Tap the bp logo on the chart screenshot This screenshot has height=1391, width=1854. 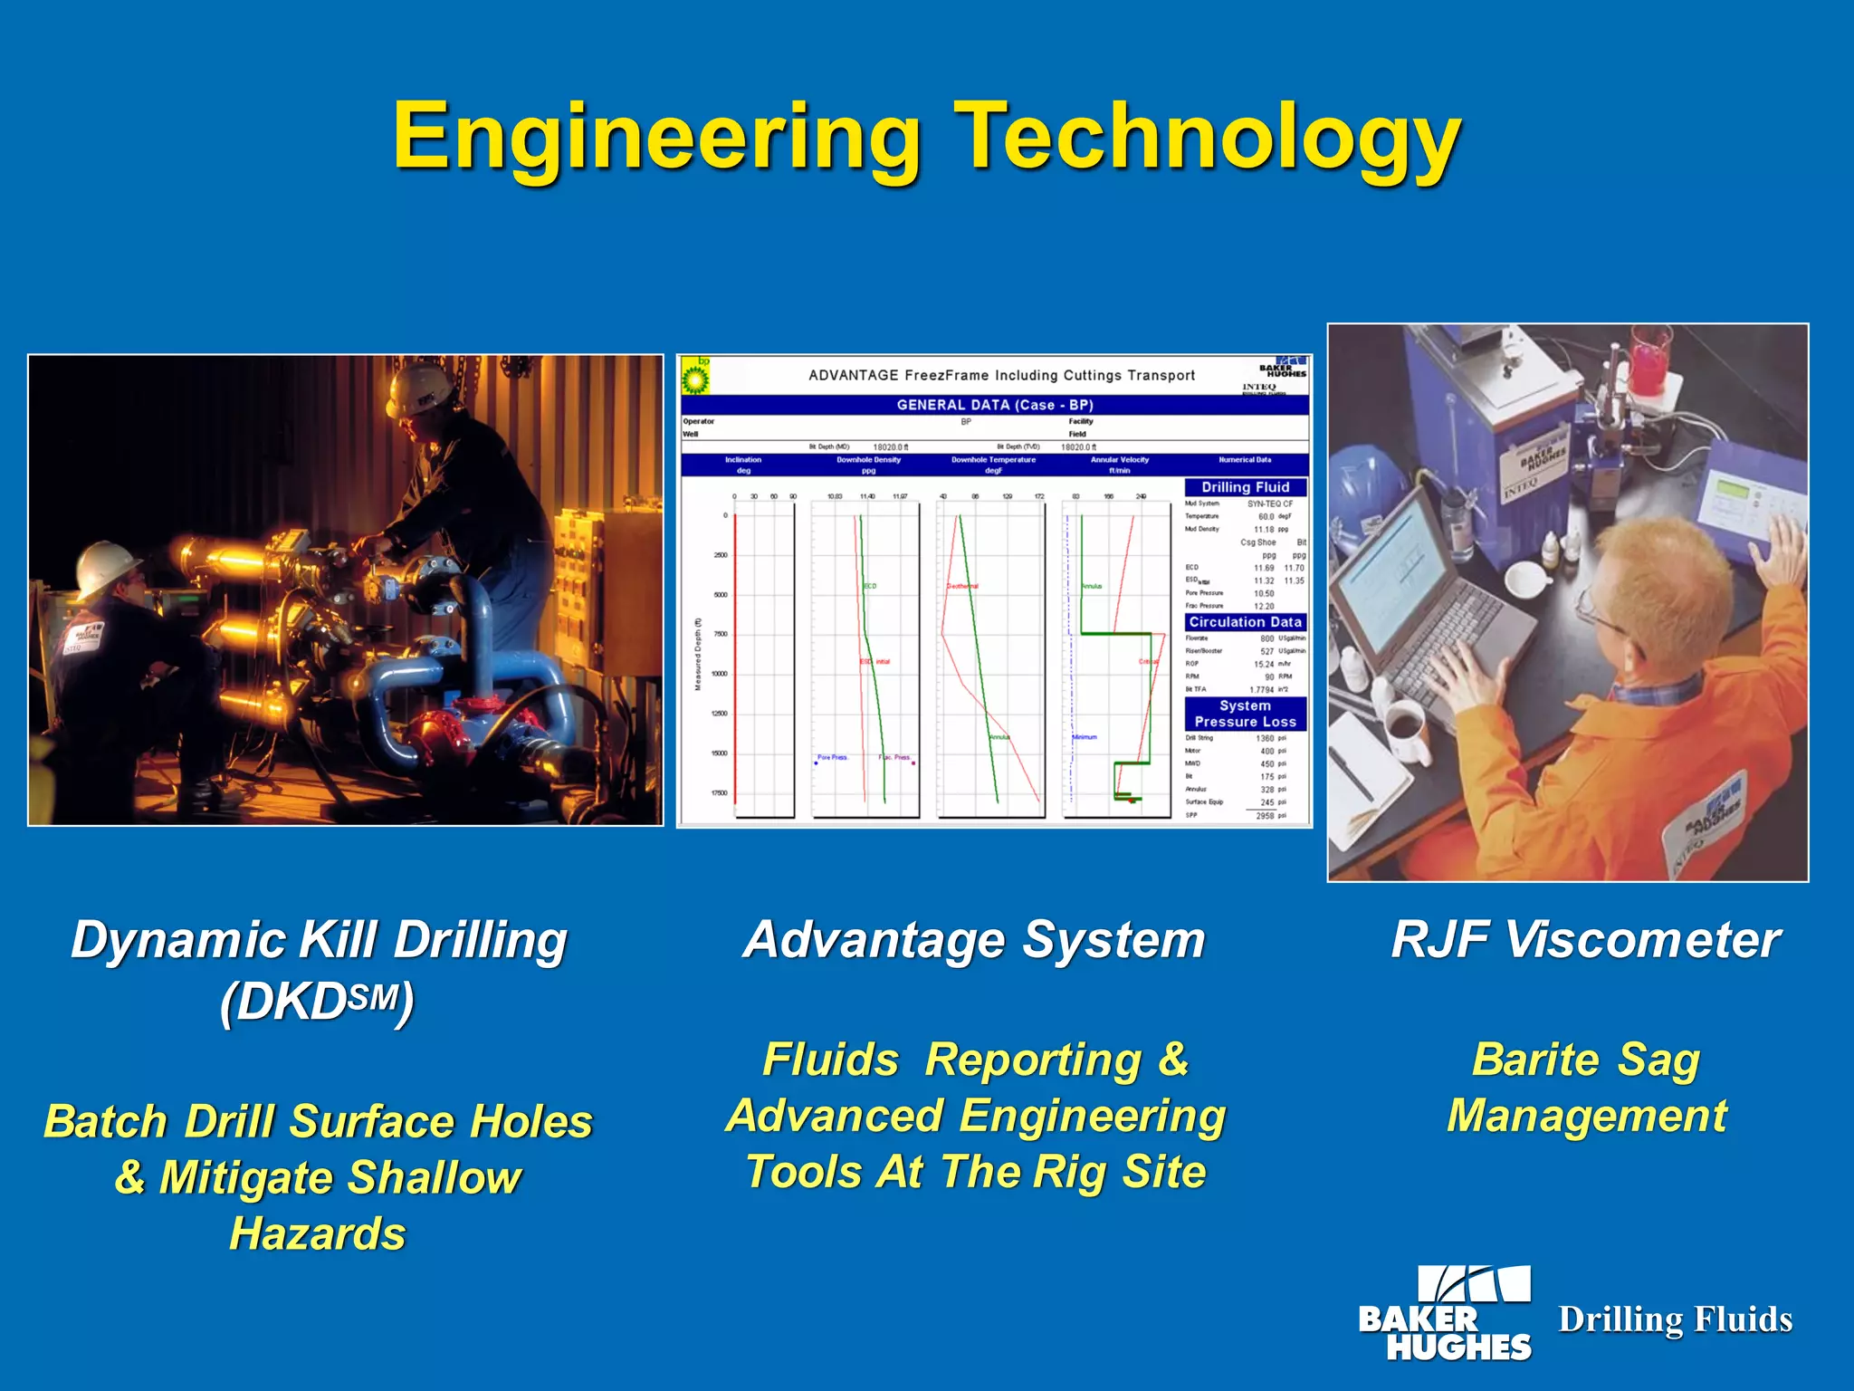pos(695,375)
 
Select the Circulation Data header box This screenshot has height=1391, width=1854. pos(1245,622)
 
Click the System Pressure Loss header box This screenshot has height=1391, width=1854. pos(1245,714)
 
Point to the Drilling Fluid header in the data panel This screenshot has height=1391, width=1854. pos(1245,487)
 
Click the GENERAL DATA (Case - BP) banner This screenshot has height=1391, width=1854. pos(994,405)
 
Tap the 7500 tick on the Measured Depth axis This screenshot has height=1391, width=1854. pos(721,634)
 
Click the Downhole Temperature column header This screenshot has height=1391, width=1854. pos(993,465)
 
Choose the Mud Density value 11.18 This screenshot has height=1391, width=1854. pos(1264,529)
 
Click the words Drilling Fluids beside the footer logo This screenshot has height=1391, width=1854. pos(1675,1319)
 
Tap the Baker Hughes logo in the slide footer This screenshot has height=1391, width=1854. pos(1446,1313)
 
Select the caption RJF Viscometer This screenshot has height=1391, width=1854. pos(1586,940)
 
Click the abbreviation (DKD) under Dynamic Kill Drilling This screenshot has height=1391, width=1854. pos(317,1002)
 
